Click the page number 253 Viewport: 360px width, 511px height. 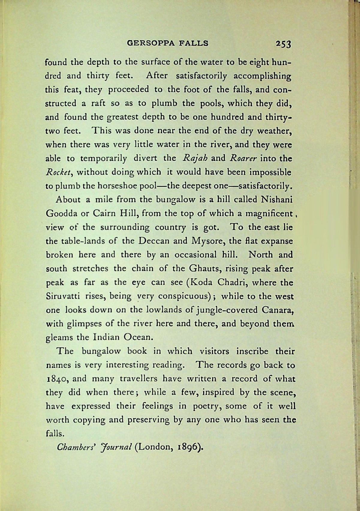283,44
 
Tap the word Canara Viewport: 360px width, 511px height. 277,310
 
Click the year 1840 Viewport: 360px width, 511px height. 58,379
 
